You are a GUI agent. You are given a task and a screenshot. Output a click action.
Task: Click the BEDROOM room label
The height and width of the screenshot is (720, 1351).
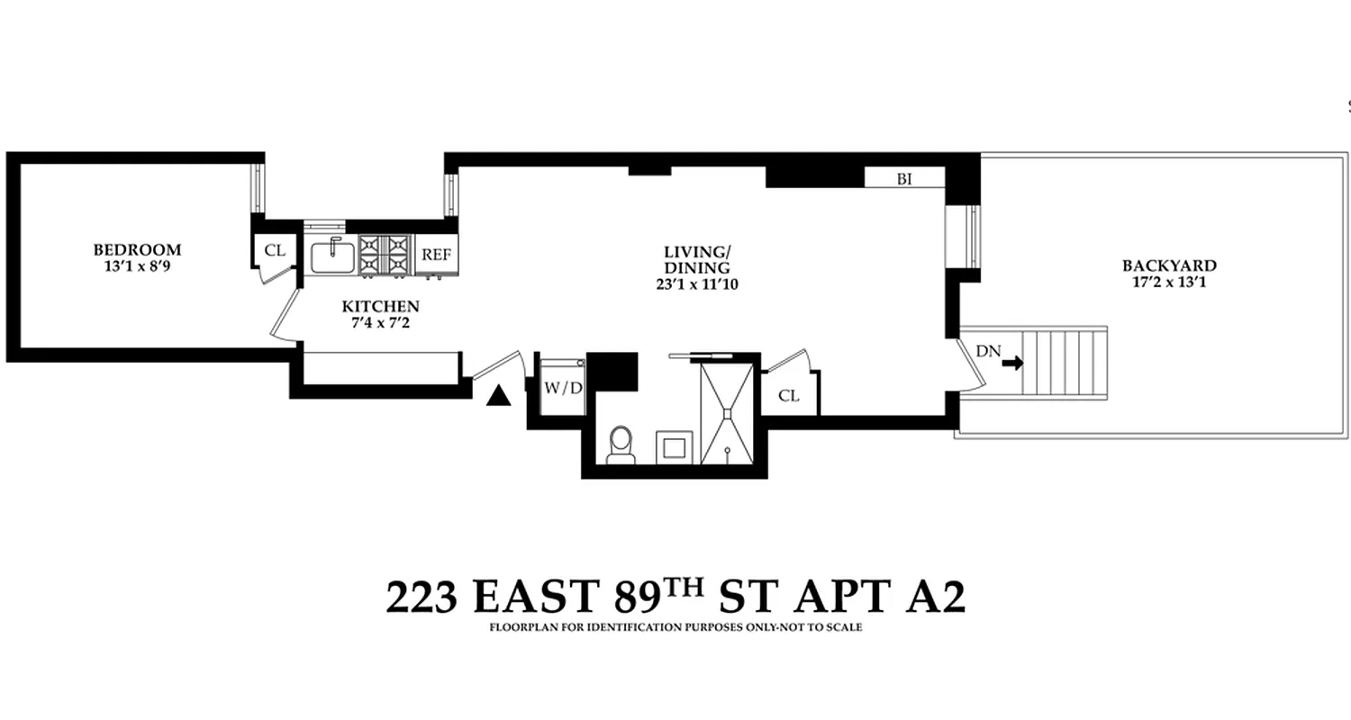tap(137, 249)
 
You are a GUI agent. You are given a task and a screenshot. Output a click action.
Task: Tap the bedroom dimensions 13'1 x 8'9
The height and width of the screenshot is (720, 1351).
tap(137, 265)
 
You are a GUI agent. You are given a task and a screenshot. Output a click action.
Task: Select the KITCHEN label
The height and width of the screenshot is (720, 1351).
tap(380, 307)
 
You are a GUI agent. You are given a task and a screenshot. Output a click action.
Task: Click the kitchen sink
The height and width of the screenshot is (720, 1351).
tap(332, 256)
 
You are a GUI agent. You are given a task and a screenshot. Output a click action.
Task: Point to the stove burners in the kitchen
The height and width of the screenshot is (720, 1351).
tap(385, 255)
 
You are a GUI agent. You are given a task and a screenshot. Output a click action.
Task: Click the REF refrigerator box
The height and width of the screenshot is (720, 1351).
tap(436, 255)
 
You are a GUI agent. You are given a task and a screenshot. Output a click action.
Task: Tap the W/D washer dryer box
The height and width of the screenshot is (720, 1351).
tap(561, 389)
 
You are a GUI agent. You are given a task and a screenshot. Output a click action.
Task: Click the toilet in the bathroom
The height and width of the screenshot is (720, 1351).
tap(621, 445)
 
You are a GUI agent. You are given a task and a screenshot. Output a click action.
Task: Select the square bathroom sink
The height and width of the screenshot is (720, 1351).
tap(673, 446)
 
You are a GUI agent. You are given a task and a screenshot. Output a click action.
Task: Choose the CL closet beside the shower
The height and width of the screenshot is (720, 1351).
tap(789, 396)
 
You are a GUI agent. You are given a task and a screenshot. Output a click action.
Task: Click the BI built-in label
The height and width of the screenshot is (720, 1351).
tap(904, 178)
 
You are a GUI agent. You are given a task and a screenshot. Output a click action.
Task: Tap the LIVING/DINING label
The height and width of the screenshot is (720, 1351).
tap(696, 259)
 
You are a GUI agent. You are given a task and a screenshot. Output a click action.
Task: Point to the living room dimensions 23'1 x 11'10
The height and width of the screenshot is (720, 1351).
tap(696, 284)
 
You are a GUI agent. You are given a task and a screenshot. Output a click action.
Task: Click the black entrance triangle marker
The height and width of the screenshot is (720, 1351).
tap(498, 395)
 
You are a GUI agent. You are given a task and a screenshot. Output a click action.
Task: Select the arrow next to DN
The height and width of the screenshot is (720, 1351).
tap(1012, 363)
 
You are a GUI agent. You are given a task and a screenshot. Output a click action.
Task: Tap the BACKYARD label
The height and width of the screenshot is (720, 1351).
tap(1168, 265)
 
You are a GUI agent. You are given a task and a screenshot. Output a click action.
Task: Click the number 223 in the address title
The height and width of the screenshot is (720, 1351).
tap(422, 597)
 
